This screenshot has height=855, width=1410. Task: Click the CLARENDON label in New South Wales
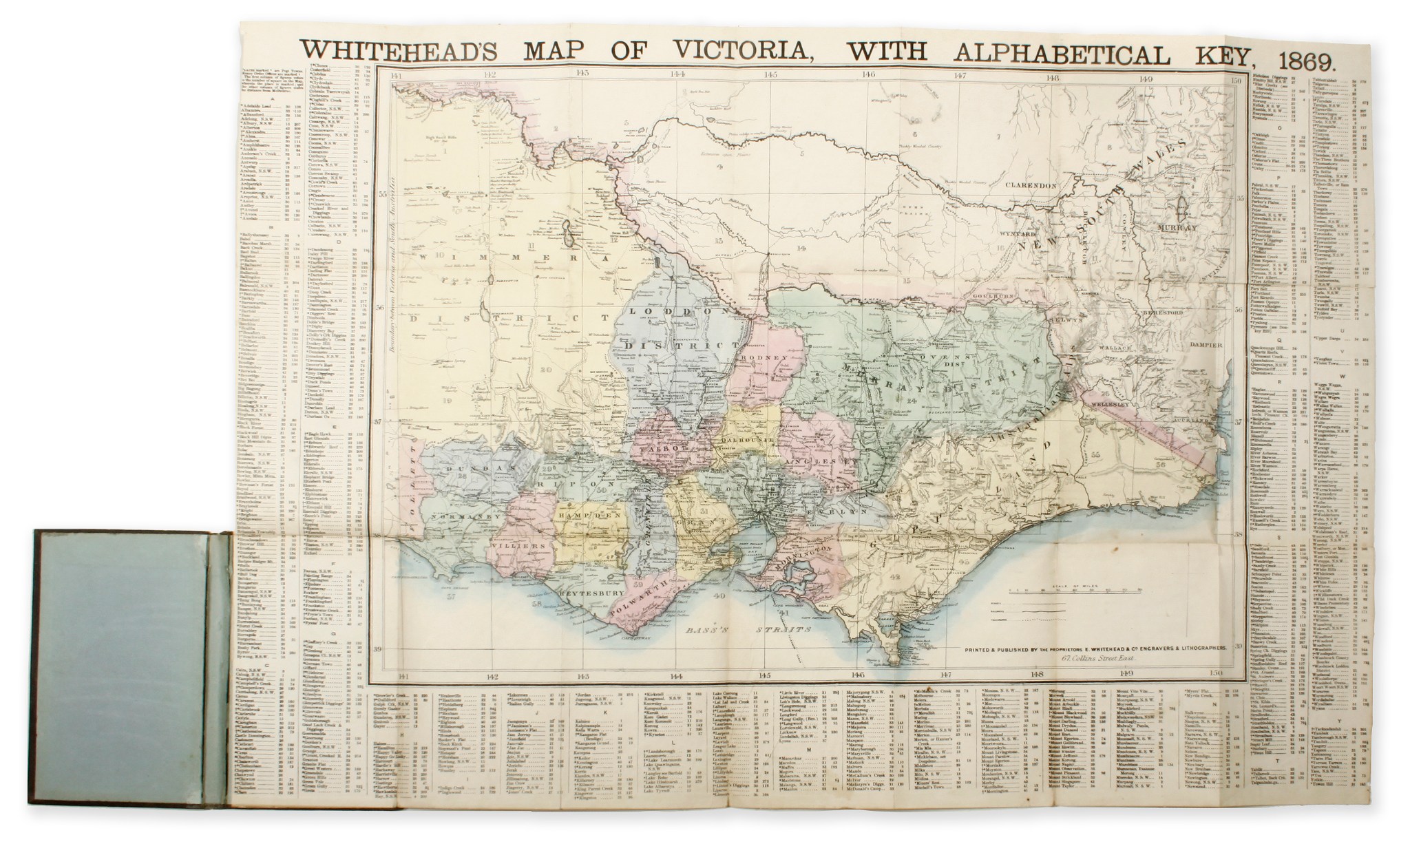(x=1030, y=186)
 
